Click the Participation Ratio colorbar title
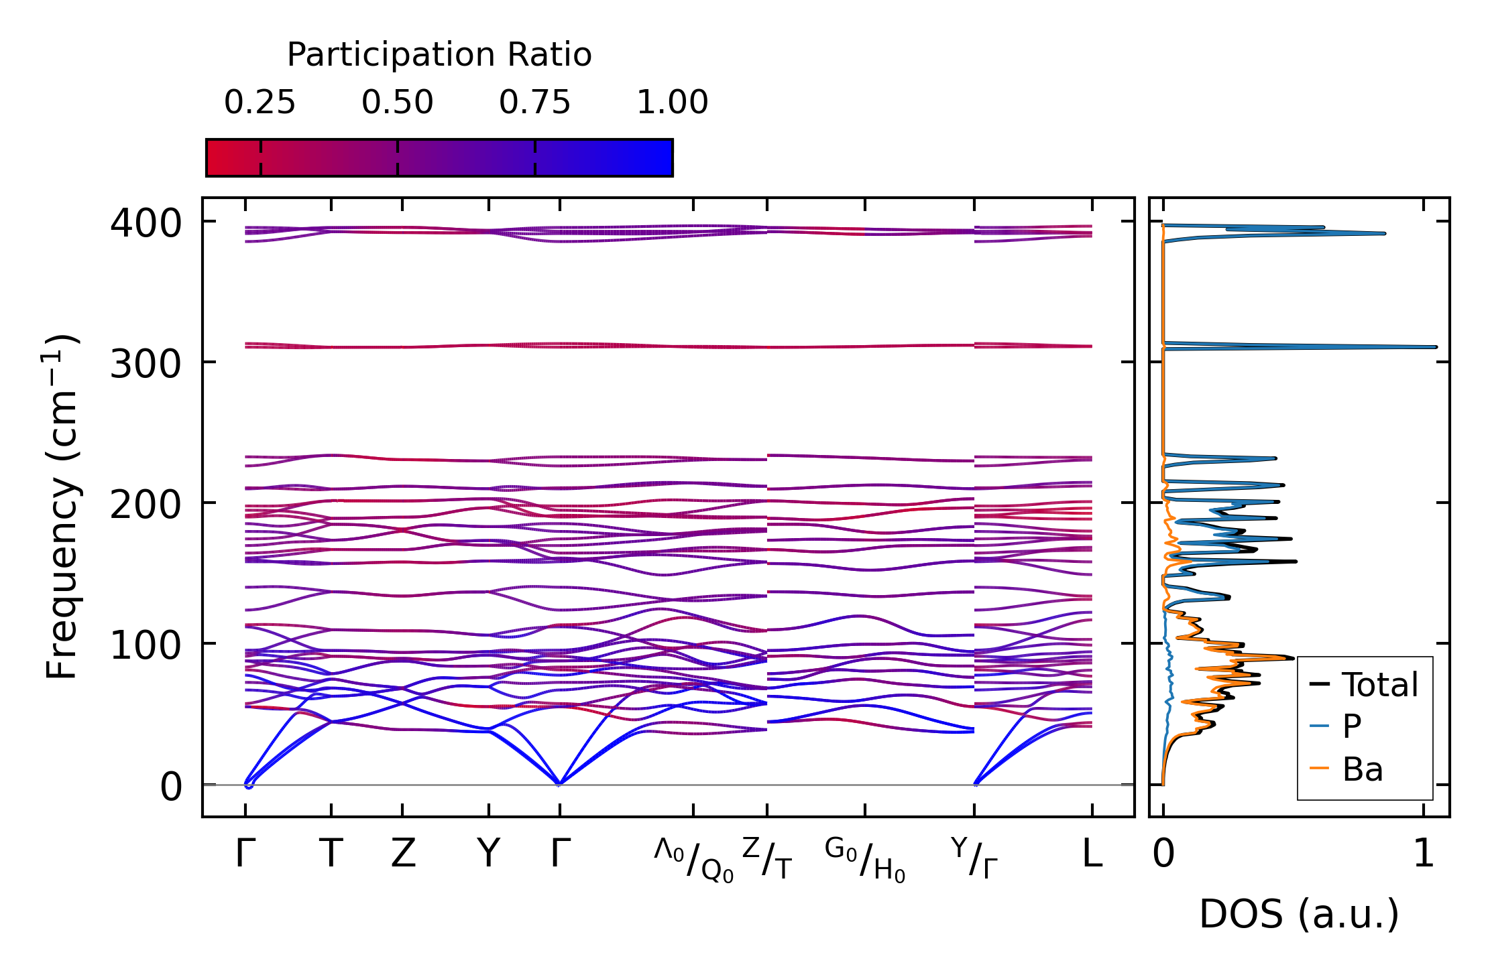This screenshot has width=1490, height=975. [x=439, y=55]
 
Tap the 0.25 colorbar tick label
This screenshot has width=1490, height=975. [x=260, y=103]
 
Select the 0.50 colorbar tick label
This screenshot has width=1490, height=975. [x=397, y=103]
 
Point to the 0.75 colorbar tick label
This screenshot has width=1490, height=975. [x=534, y=103]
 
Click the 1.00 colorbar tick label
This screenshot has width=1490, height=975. [x=672, y=103]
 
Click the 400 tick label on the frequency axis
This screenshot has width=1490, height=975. [x=146, y=223]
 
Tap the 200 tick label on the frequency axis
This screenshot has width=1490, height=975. [x=146, y=505]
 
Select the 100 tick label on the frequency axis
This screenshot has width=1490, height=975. [x=146, y=646]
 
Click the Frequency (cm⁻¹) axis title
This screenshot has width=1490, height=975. [x=62, y=506]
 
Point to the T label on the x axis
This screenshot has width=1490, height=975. [x=331, y=854]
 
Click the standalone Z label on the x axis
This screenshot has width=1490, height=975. [x=403, y=854]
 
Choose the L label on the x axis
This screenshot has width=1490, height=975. [x=1092, y=854]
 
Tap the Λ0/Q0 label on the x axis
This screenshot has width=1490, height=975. [x=693, y=860]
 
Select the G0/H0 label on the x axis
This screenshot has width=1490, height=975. [x=865, y=860]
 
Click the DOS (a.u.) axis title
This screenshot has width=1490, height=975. [x=1299, y=914]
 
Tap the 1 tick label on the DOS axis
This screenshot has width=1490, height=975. [x=1423, y=854]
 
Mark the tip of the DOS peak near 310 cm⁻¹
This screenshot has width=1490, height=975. [x=1436, y=347]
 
